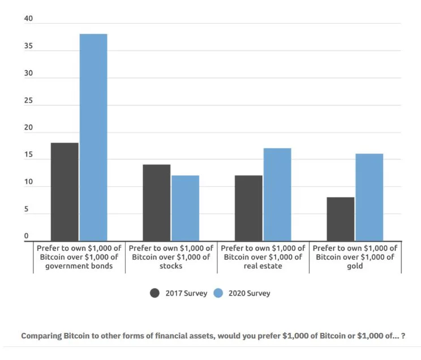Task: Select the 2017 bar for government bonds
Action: click(65, 192)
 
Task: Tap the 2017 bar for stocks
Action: click(156, 203)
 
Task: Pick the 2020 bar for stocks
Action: click(185, 208)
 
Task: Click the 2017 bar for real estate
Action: click(248, 208)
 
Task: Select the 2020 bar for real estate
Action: click(277, 195)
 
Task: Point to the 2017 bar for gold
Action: click(340, 219)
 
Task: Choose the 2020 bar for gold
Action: click(369, 198)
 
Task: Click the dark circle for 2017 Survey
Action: click(155, 293)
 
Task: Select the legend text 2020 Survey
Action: click(250, 293)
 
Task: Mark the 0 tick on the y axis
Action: click(26, 236)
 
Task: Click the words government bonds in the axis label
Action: click(79, 266)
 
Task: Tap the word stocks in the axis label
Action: click(171, 266)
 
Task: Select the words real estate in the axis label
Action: click(263, 266)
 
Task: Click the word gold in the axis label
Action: click(355, 266)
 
